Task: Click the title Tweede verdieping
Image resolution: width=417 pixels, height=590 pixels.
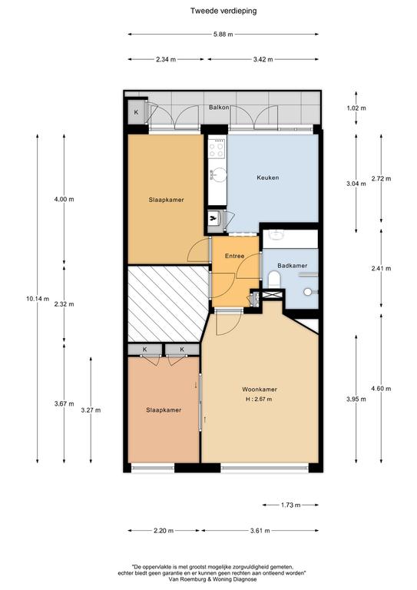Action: point(223,11)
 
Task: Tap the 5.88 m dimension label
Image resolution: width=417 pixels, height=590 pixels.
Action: point(223,35)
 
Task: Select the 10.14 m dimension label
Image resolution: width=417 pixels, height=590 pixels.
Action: point(38,299)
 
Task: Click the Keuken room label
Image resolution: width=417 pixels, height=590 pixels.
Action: point(268,177)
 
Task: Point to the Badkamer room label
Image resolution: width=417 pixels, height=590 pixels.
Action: point(292,265)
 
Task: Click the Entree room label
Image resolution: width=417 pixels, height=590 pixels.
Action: point(235,256)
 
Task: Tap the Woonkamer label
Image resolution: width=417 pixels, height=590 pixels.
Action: point(260,389)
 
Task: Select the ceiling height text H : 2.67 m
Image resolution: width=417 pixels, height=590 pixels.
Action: point(259,399)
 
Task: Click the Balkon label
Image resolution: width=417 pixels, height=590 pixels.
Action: point(219,108)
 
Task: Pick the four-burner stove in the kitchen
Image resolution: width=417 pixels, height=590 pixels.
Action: point(217,148)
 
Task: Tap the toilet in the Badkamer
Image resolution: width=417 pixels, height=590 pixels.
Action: point(275,280)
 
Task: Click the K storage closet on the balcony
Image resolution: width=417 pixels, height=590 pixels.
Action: point(136,111)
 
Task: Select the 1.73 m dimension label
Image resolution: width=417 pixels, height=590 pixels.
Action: point(290,505)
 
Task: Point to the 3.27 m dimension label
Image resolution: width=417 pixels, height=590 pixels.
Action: point(91,410)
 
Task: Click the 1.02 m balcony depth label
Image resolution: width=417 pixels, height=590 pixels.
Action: point(356,108)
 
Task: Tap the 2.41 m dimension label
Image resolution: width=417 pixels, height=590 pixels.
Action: point(381,268)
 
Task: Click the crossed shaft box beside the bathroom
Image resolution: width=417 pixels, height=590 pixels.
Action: point(272,295)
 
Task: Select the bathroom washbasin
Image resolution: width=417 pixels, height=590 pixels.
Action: point(277,235)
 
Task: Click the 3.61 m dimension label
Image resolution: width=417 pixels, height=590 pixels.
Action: point(260,531)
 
